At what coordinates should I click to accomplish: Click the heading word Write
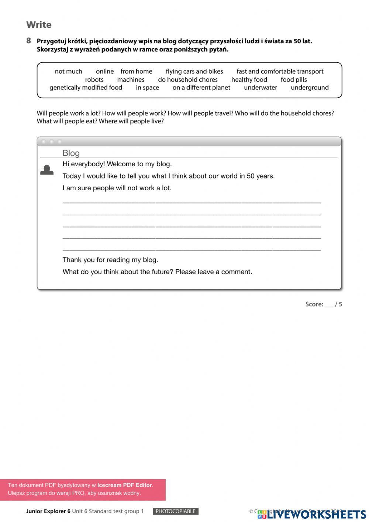39,25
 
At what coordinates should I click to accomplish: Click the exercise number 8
29,41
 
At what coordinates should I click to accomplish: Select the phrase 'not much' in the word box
68,71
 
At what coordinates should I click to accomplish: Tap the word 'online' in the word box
105,71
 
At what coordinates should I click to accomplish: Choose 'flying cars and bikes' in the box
194,71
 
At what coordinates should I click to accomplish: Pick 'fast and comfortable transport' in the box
280,71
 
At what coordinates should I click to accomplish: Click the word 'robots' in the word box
94,79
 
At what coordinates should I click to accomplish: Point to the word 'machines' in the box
131,79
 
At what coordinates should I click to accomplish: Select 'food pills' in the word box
294,79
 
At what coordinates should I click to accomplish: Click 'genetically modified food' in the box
86,88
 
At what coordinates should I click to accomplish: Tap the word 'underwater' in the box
261,88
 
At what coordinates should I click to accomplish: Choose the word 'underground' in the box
310,88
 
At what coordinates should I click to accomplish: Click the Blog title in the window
71,153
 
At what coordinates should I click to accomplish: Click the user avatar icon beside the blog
47,170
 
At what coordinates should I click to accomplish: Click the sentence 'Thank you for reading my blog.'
110,260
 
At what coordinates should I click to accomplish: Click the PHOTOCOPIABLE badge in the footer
176,511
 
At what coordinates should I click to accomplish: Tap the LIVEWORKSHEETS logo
312,514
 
